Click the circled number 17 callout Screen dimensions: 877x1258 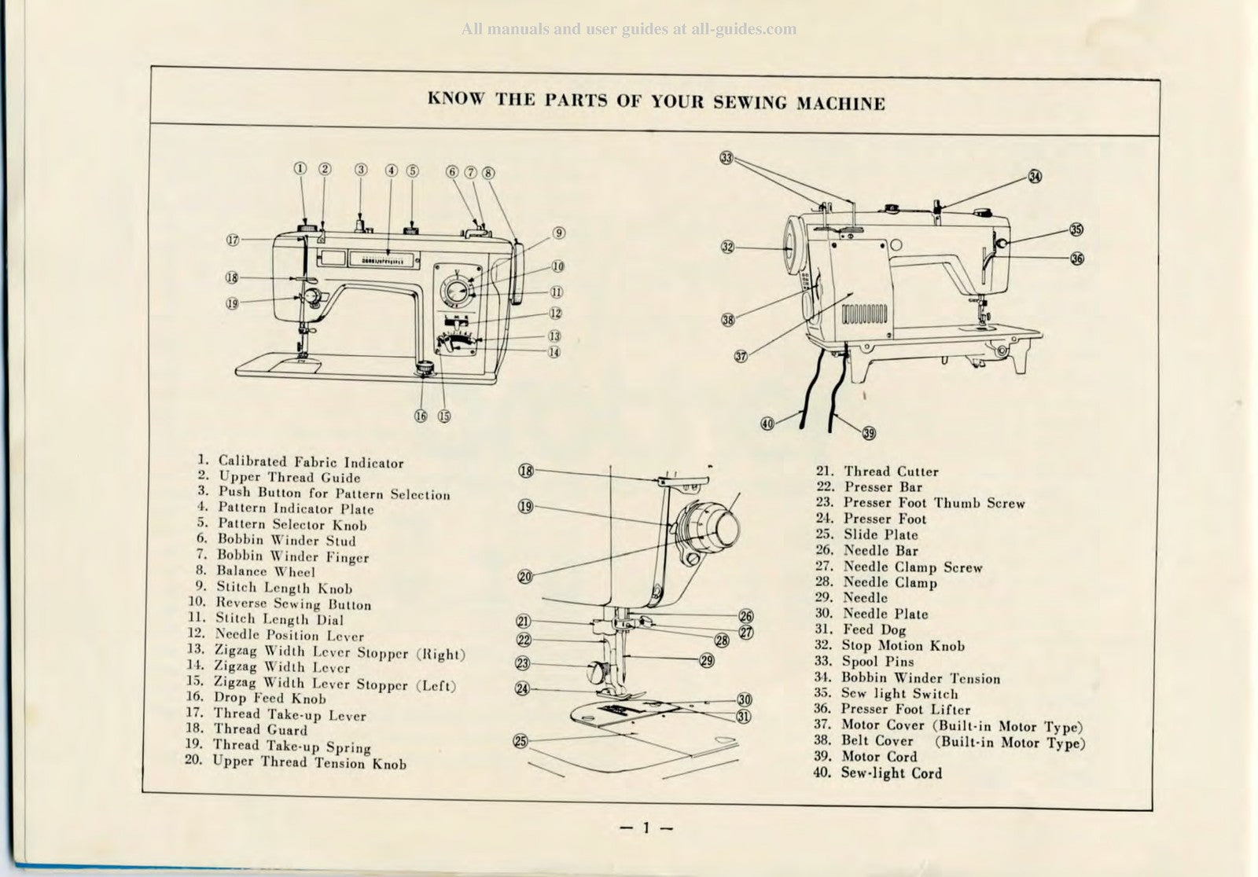point(233,240)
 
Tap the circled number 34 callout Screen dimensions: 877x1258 point(1035,177)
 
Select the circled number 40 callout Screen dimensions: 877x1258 point(767,424)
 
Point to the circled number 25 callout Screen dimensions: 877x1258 point(520,740)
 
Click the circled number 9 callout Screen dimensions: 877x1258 point(558,233)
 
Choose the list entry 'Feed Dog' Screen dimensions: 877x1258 point(874,629)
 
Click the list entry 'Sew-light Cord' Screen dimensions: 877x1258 point(891,772)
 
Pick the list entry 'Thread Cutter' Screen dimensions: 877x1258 point(891,472)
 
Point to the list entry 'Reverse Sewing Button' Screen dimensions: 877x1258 point(292,604)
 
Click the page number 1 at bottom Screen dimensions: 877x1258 point(645,827)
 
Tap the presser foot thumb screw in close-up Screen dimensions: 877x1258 point(596,671)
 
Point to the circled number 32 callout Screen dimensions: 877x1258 point(727,247)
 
